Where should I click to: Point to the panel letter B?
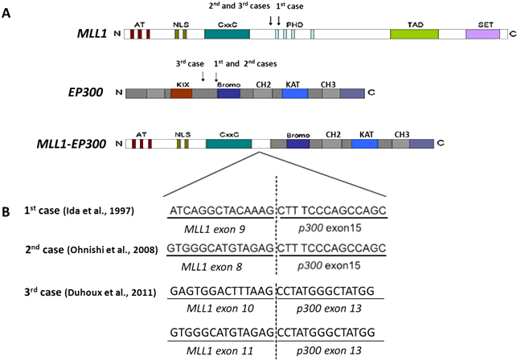pos(6,212)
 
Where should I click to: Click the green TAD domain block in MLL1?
pos(414,35)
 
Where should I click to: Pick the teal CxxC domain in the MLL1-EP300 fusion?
pos(229,144)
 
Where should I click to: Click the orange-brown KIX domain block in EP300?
pos(181,93)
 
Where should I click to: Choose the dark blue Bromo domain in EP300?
pos(229,93)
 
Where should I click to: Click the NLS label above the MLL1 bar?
pos(181,25)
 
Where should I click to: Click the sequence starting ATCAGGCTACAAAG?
pos(220,211)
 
